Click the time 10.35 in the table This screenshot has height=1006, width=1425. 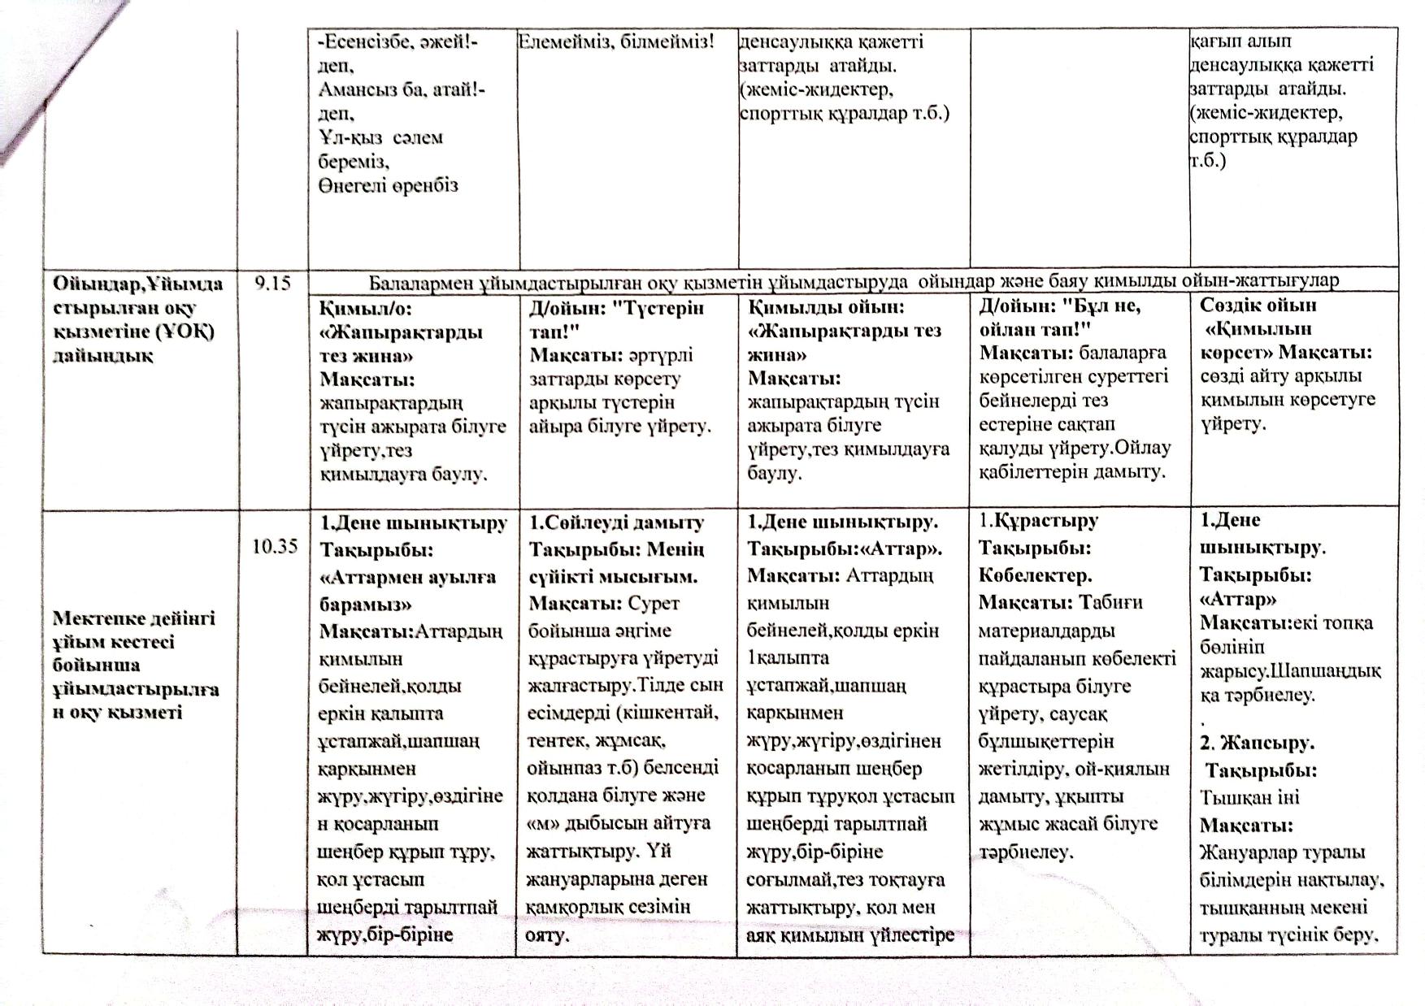pos(275,546)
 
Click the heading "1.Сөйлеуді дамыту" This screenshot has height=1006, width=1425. pos(616,523)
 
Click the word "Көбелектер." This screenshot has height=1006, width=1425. pos(1035,575)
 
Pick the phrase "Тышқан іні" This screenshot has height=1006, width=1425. pos(1249,797)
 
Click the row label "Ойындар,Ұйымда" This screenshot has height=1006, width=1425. pos(137,284)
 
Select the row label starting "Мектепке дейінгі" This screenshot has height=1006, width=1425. pos(134,618)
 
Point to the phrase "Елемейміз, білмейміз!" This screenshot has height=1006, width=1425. pos(615,41)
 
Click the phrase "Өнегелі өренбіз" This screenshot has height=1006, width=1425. pos(388,185)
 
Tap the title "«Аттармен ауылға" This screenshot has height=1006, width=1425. pos(407,577)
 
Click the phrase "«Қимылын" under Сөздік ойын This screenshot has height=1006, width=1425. pos(1259,330)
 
